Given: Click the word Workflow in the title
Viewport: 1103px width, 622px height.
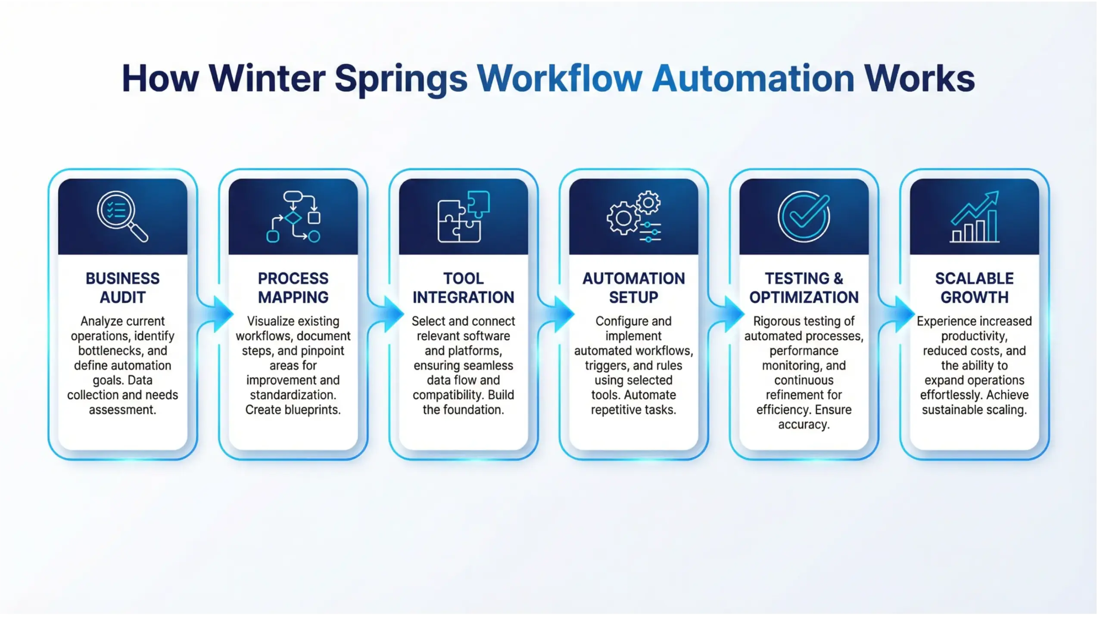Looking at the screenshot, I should pyautogui.click(x=559, y=79).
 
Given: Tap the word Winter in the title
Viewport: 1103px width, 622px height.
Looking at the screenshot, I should pyautogui.click(x=267, y=79).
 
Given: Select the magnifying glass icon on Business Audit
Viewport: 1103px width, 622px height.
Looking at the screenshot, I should pyautogui.click(x=122, y=216).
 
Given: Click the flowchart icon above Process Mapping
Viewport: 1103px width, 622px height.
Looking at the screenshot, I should pyautogui.click(x=293, y=216).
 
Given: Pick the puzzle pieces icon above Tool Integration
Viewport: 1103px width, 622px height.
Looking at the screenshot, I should pyautogui.click(x=463, y=216).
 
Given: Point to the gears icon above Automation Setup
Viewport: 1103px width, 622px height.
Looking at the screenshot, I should pyautogui.click(x=633, y=216).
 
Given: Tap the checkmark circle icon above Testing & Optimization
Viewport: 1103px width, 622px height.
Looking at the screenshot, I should pyautogui.click(x=804, y=216).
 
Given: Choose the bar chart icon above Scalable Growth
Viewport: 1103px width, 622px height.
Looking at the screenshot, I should pyautogui.click(x=974, y=216).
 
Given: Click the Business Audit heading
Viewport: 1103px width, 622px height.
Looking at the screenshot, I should pyautogui.click(x=122, y=288).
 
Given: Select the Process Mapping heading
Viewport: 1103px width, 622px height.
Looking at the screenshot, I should pyautogui.click(x=293, y=288).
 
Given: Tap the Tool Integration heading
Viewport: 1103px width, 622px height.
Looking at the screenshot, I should pyautogui.click(x=463, y=288).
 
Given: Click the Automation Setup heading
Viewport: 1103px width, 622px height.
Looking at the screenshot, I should pyautogui.click(x=633, y=288).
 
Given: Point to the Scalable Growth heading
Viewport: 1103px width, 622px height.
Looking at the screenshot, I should pyautogui.click(x=974, y=288).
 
